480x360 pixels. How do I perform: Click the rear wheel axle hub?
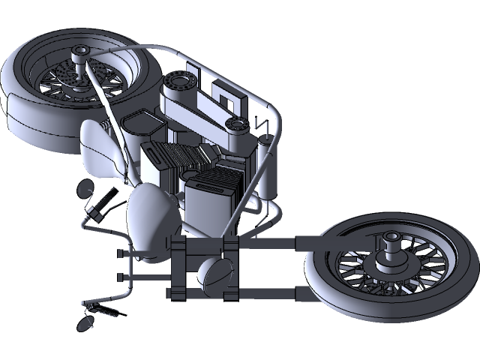[79, 52]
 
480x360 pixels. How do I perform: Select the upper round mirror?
[85, 187]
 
